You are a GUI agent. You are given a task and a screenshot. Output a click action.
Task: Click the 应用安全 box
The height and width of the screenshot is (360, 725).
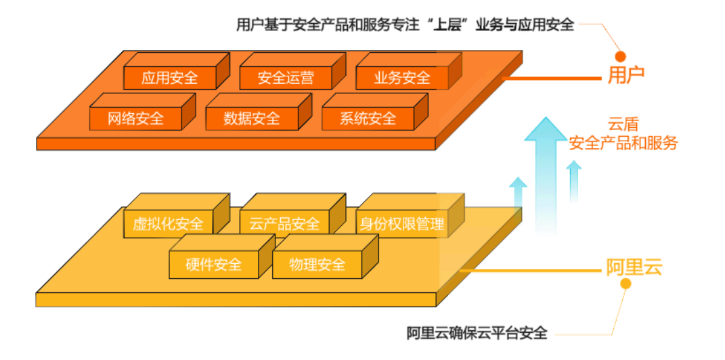click(x=170, y=78)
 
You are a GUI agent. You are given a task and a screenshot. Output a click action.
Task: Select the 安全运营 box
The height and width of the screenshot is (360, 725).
click(x=286, y=78)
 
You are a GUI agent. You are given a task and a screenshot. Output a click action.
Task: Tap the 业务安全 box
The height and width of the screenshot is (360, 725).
click(x=402, y=78)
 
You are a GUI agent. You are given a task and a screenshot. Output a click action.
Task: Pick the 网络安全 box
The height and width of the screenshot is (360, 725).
click(x=136, y=118)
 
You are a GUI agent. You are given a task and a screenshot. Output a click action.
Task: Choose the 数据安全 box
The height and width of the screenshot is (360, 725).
click(x=252, y=118)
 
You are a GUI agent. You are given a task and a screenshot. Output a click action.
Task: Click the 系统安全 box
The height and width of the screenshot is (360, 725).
click(x=368, y=118)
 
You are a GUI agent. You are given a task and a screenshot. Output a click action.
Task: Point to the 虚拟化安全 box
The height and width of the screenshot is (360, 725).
click(x=168, y=224)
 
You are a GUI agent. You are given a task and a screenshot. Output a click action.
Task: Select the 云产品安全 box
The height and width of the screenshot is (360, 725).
click(x=284, y=224)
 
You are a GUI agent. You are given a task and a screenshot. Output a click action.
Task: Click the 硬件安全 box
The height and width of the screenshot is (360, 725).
click(x=214, y=264)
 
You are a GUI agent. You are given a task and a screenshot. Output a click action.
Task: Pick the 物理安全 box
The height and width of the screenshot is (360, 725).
click(x=317, y=264)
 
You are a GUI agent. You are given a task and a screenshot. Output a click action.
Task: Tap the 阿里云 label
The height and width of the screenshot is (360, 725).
click(x=633, y=267)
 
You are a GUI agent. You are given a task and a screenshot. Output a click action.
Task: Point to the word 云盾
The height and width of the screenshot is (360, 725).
click(x=623, y=125)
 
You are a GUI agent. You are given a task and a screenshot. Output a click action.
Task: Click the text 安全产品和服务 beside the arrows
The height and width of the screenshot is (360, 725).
click(x=623, y=143)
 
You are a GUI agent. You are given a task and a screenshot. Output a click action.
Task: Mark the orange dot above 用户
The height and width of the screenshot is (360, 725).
click(x=620, y=57)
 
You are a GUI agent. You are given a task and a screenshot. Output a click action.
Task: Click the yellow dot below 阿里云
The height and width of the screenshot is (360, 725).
click(x=626, y=284)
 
